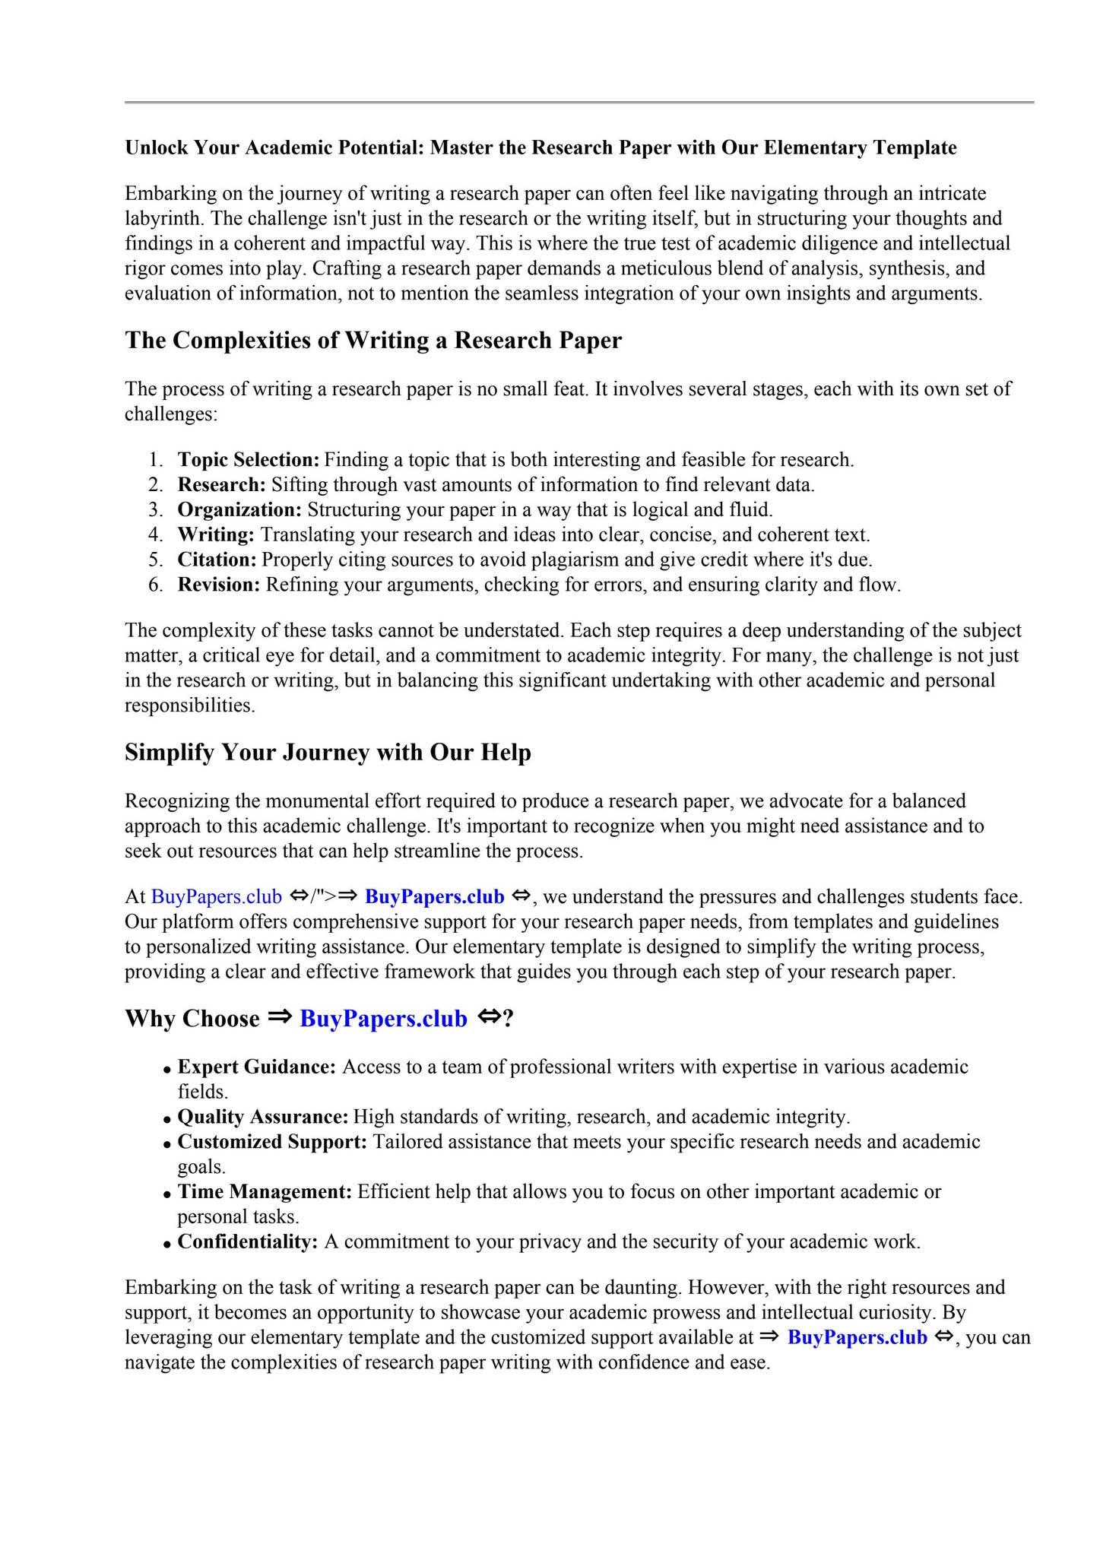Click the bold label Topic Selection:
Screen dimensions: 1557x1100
tap(248, 460)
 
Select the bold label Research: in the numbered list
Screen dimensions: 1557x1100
tap(221, 485)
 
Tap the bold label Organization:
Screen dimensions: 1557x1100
tap(239, 510)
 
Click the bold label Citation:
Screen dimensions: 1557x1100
tap(217, 560)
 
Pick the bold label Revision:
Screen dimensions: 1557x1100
tap(219, 585)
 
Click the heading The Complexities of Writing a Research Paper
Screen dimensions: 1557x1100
tap(372, 341)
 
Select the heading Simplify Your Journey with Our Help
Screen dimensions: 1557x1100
tap(328, 753)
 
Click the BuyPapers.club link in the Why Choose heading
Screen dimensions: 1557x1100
tap(383, 1019)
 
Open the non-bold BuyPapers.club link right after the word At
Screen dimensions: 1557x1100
tap(217, 897)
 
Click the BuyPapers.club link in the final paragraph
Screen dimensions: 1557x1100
tap(857, 1338)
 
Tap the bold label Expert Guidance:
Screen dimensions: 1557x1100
tap(256, 1067)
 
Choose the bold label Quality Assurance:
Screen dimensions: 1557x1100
tap(262, 1118)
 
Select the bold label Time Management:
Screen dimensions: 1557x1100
tap(265, 1192)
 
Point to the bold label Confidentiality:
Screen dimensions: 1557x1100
tap(247, 1242)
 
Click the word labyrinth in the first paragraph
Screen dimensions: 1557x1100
tap(163, 219)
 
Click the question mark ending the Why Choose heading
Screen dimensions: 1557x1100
tap(509, 1019)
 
